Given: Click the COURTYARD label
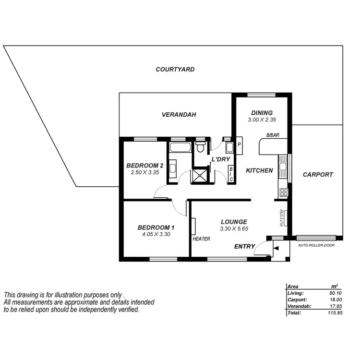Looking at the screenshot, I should coord(175,70).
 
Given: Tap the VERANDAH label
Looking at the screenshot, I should coord(180,115).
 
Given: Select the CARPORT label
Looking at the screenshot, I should coord(318,175).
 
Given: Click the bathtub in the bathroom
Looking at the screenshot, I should coord(180,146).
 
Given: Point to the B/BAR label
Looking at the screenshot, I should coord(273,135).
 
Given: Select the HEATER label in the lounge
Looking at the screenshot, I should coord(201,239).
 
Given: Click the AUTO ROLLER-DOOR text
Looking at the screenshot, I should coord(316,245).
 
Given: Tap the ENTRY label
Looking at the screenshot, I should coord(244,247).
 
